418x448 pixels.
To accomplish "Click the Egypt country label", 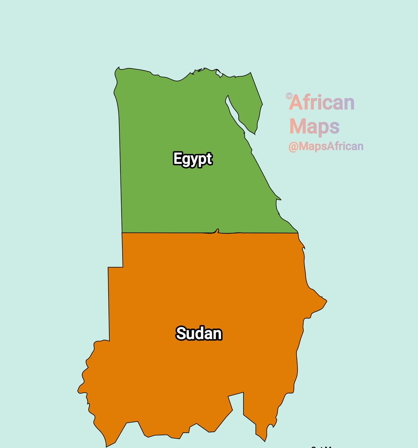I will [x=192, y=159].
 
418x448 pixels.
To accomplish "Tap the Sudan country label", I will [x=199, y=333].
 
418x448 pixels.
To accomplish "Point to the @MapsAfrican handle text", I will [x=326, y=146].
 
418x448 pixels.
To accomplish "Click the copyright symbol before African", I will [x=288, y=96].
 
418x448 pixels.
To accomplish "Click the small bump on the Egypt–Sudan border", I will [x=217, y=231].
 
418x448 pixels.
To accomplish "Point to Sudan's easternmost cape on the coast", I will [x=326, y=300].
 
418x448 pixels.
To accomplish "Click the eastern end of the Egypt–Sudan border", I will [x=298, y=233].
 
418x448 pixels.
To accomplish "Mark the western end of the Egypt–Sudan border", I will [x=122, y=233].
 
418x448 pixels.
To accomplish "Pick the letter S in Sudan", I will [x=181, y=333].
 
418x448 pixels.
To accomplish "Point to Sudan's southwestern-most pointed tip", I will [x=107, y=446].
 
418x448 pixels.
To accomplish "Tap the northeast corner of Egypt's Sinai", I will [x=251, y=73].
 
